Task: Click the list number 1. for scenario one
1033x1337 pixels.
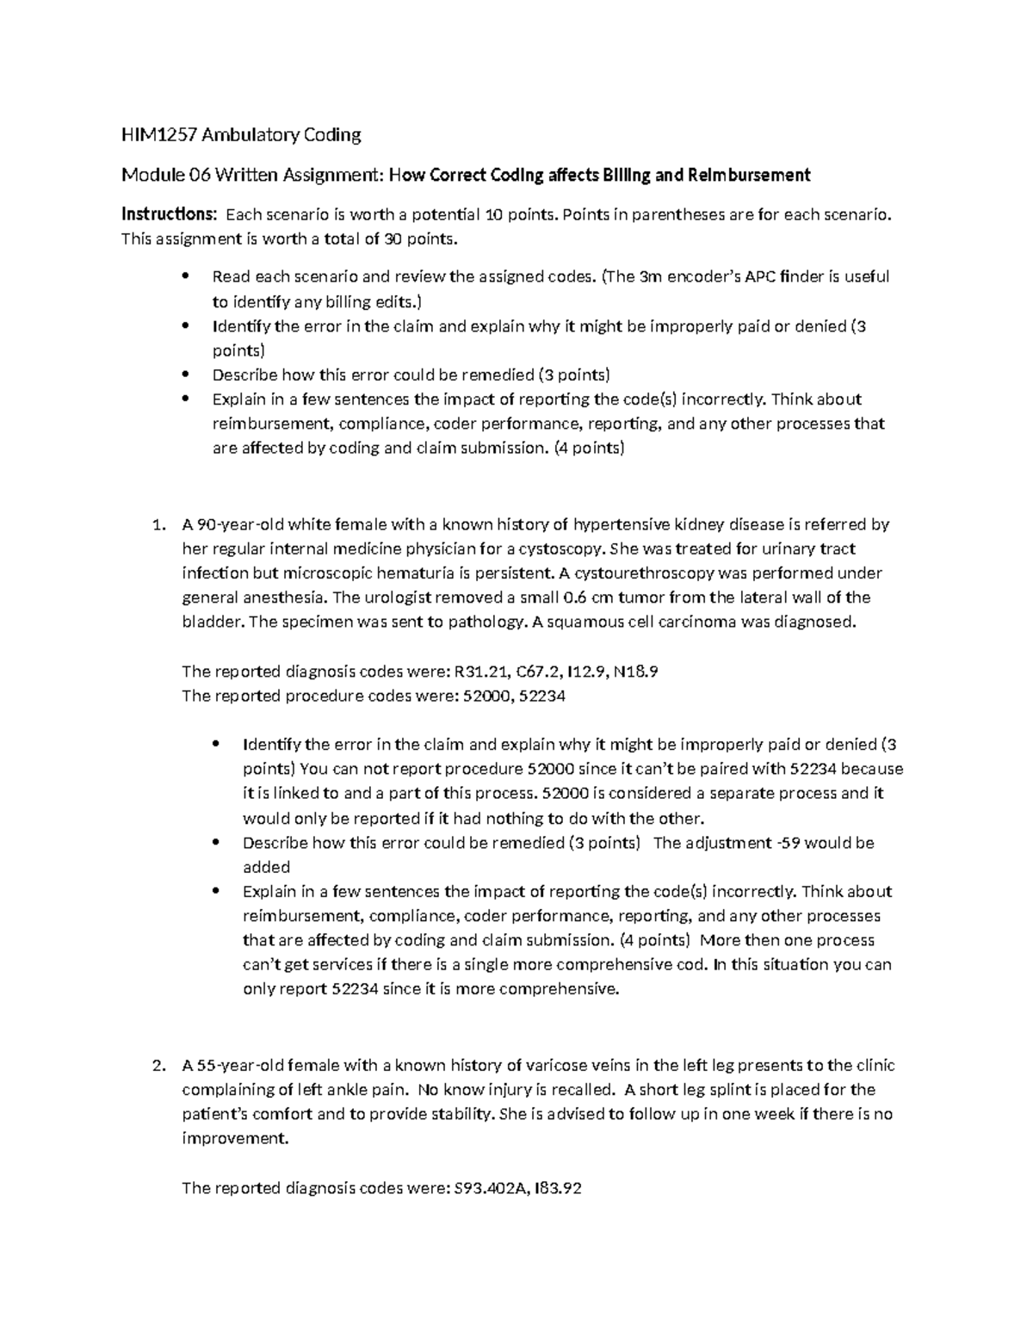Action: [x=157, y=525]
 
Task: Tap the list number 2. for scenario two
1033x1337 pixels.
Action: [x=157, y=1066]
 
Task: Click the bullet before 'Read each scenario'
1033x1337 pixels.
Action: [x=186, y=276]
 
